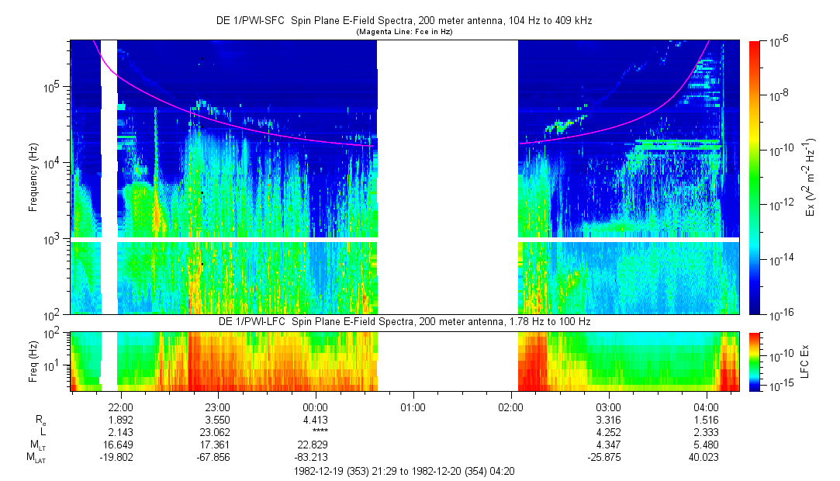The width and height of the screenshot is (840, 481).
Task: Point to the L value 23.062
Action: point(217,432)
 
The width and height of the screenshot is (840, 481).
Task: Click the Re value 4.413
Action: point(315,420)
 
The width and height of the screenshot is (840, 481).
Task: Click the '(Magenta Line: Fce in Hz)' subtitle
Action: point(404,33)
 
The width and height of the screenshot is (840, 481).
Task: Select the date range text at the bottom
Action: point(403,471)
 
